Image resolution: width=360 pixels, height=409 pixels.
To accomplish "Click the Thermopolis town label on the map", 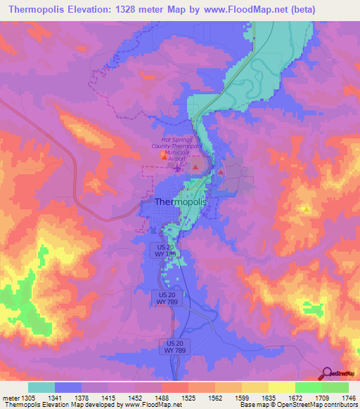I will coord(180,202).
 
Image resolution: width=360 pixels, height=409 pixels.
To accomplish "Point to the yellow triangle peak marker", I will coord(307,209).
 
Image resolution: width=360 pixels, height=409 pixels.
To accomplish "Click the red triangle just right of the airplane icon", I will coord(195,169).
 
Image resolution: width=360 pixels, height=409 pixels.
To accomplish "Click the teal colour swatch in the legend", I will coord(41,387).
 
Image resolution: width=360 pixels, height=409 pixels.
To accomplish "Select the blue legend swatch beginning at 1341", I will coord(68,387).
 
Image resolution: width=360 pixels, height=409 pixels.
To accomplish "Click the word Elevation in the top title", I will coord(98,10).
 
